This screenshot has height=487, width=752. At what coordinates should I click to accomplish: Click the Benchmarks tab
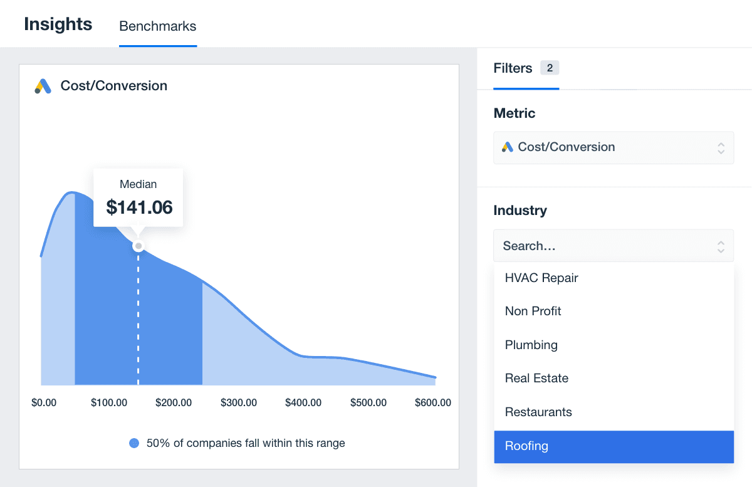157,26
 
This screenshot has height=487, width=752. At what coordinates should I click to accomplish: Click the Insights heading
58,24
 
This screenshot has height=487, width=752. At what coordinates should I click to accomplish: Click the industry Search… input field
605,246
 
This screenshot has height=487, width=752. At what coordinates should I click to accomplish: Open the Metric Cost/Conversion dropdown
613,147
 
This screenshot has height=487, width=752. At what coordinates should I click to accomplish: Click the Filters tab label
513,68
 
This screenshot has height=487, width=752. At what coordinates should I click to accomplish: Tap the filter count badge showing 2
550,68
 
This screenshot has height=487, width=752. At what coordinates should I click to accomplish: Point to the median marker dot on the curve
138,246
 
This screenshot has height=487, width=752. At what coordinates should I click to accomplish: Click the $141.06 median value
139,207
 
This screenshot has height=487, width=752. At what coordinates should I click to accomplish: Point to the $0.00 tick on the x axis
44,402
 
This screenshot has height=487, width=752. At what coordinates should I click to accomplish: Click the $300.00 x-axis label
239,402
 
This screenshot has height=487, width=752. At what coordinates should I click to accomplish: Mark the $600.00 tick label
432,402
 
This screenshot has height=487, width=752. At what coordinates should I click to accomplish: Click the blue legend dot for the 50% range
134,443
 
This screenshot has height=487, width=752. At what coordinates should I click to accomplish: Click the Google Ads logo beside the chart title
43,86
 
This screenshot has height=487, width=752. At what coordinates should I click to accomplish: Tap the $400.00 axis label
303,402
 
